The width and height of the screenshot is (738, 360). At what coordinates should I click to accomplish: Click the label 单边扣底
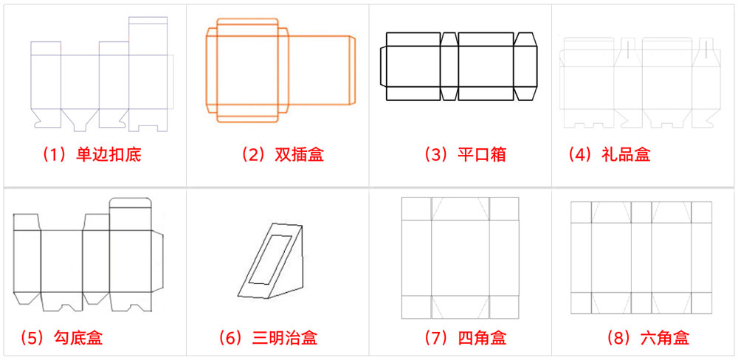pyautogui.click(x=108, y=155)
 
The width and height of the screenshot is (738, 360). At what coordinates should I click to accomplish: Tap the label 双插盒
pyautogui.click(x=299, y=155)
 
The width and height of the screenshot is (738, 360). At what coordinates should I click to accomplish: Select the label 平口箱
pyautogui.click(x=481, y=155)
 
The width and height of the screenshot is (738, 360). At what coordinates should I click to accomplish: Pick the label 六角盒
pyautogui.click(x=665, y=337)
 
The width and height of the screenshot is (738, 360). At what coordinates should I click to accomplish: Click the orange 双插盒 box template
pyautogui.click(x=281, y=70)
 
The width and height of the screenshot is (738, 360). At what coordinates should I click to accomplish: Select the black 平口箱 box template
pyautogui.click(x=458, y=66)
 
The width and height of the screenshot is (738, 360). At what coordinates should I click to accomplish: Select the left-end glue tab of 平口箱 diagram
pyautogui.click(x=383, y=66)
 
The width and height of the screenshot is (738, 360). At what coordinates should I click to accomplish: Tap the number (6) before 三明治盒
pyautogui.click(x=232, y=337)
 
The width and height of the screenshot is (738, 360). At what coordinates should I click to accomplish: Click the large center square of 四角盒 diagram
pyautogui.click(x=461, y=257)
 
